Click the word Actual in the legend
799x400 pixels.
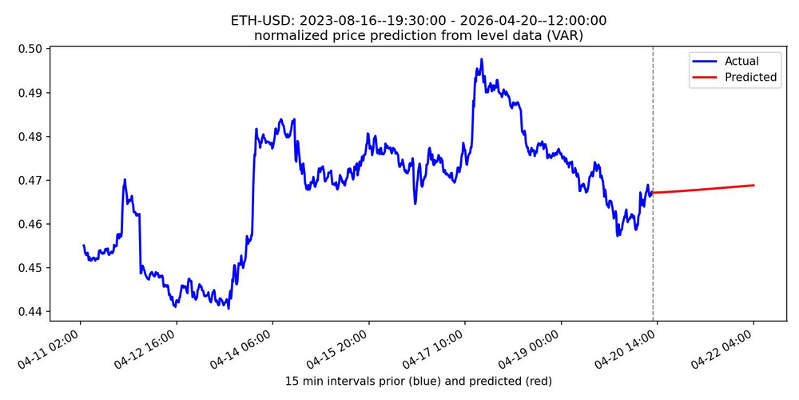(x=741, y=61)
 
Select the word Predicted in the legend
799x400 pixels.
(x=750, y=77)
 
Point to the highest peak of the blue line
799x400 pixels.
(x=482, y=59)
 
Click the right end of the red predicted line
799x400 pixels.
(x=753, y=186)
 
